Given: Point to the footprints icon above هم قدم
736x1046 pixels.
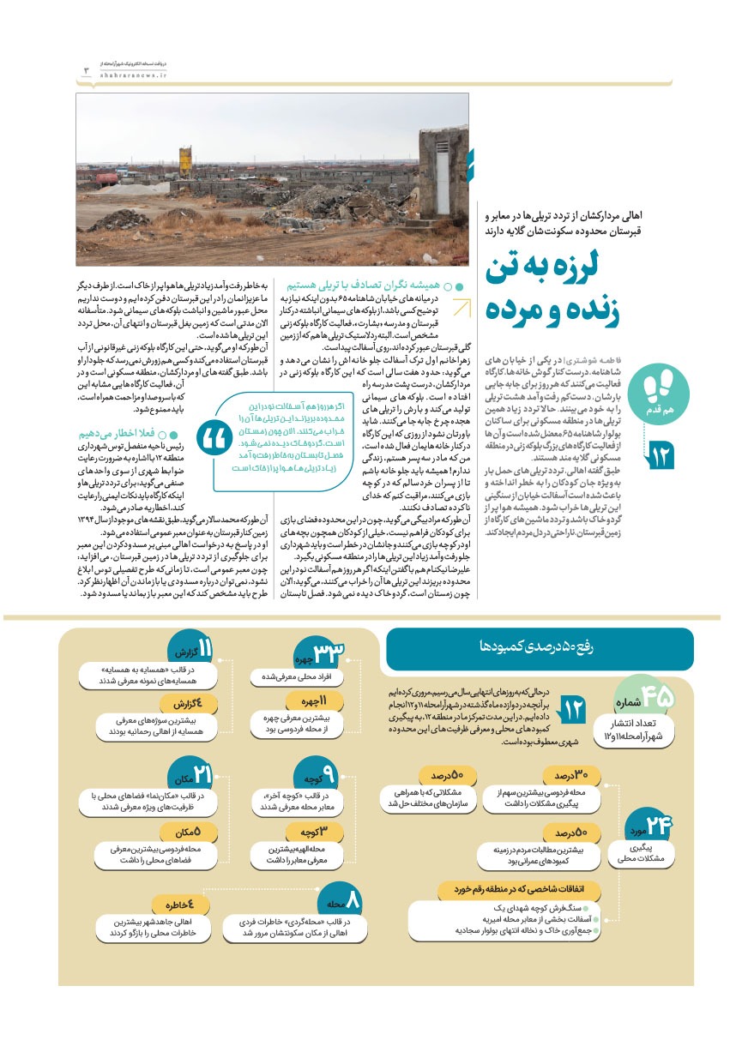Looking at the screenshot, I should click(x=658, y=393).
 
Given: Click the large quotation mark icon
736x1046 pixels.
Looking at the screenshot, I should click(x=209, y=441).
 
